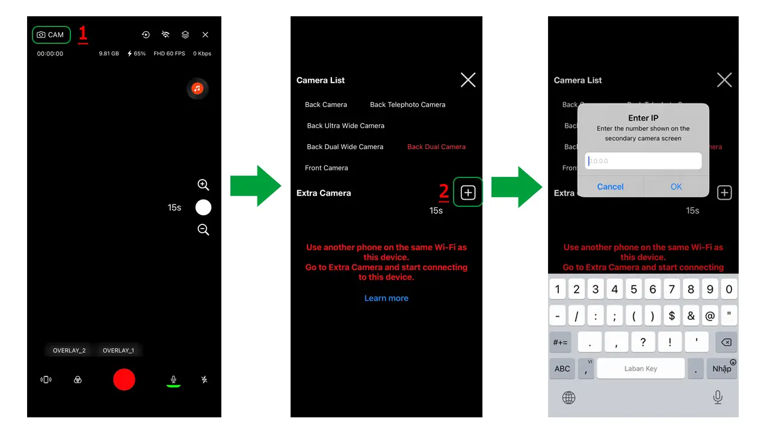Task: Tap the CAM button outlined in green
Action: pos(51,35)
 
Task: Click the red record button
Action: pos(124,379)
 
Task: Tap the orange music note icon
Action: pos(197,88)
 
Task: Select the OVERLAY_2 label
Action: pos(69,351)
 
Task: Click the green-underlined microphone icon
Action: pos(173,379)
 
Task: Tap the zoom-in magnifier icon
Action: pos(203,185)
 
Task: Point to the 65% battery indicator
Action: pos(137,54)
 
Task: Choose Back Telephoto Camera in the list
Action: pos(407,105)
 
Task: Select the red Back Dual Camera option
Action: pos(436,147)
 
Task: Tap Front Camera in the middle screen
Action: pos(326,168)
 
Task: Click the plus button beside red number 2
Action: pos(468,192)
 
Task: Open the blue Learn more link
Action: pos(386,298)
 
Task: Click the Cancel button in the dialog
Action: pos(610,186)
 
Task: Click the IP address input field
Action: pos(643,161)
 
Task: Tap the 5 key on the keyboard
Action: pos(633,289)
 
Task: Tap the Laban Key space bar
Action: pos(641,369)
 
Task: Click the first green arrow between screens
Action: pos(256,186)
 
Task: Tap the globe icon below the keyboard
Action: pos(568,397)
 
